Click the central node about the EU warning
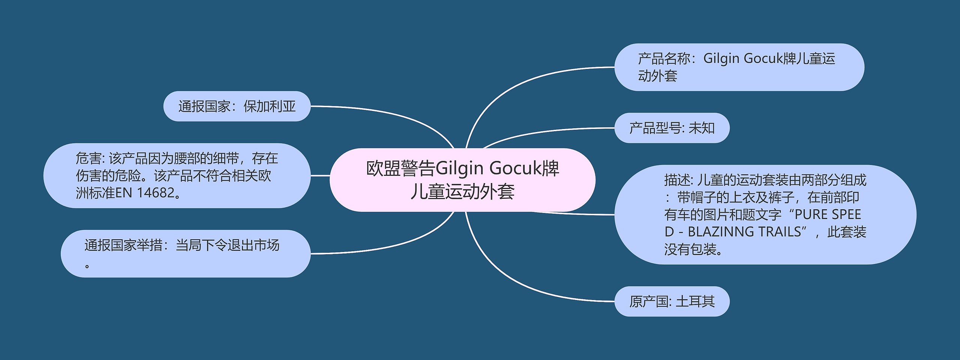click(462, 180)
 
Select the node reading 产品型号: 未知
click(672, 128)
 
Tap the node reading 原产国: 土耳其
click(672, 301)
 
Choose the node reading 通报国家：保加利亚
click(237, 106)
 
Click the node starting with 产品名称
click(739, 67)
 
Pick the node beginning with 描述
click(765, 214)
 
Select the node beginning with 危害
click(177, 175)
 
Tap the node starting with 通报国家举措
click(185, 253)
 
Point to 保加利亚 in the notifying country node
click(270, 106)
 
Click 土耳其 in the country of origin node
click(695, 301)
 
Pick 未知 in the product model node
click(702, 128)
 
